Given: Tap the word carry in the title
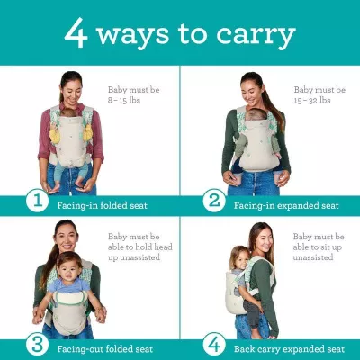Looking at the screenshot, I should point(256,36).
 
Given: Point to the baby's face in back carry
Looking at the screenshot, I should point(238,256).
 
